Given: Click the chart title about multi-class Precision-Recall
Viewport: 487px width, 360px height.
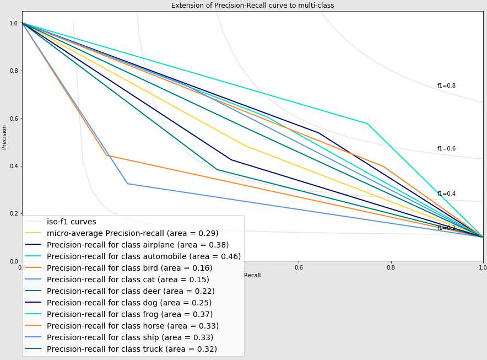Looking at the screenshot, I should (x=252, y=6).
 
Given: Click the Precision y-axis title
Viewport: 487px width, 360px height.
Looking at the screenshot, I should (x=4, y=137).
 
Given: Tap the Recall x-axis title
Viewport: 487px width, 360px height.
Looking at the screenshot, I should (x=252, y=275).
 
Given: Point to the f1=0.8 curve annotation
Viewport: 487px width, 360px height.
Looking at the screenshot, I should (x=446, y=86).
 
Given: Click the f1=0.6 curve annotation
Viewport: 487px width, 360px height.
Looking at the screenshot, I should (x=446, y=149).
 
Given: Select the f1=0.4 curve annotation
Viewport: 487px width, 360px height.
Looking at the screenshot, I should (x=446, y=194).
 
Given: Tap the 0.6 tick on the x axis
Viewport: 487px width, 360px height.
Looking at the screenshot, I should (x=299, y=268).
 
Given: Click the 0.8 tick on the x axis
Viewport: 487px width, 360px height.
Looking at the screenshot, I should (x=391, y=268).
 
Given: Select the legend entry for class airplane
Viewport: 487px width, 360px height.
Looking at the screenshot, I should (x=138, y=245).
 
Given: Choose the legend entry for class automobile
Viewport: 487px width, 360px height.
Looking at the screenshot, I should (x=143, y=256).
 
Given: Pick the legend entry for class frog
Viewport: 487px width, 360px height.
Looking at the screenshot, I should (x=133, y=314).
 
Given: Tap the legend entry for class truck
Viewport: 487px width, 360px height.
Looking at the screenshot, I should (x=132, y=349).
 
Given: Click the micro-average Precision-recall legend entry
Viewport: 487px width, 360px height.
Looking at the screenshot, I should (x=132, y=233).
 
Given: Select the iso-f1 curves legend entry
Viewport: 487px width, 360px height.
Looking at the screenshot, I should (x=71, y=222).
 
